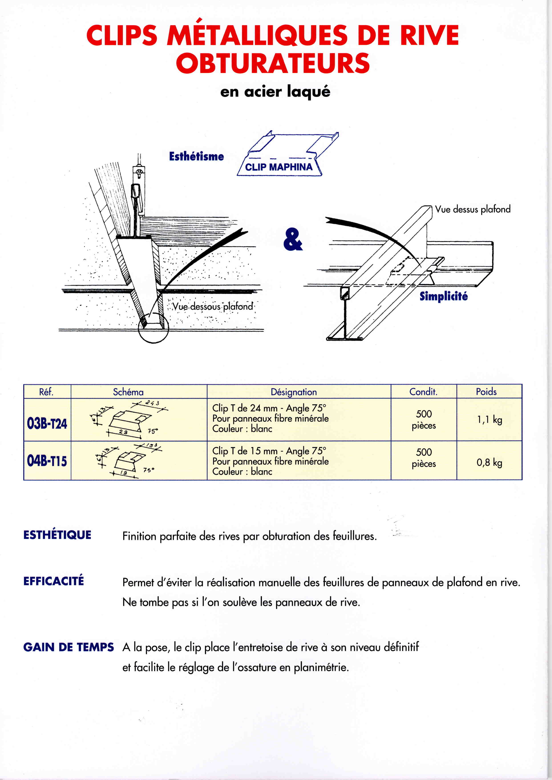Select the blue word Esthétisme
pos(196,156)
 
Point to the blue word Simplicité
pos(444,296)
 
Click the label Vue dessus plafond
pos(473,209)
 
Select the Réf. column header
pos(47,392)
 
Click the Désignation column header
pos(294,392)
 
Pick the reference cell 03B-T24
pos(47,423)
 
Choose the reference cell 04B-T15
pos(47,461)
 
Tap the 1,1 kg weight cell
pos(489,420)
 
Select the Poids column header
pos(486,392)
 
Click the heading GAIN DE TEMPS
pos(68,647)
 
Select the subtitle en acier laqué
pos(275,92)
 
